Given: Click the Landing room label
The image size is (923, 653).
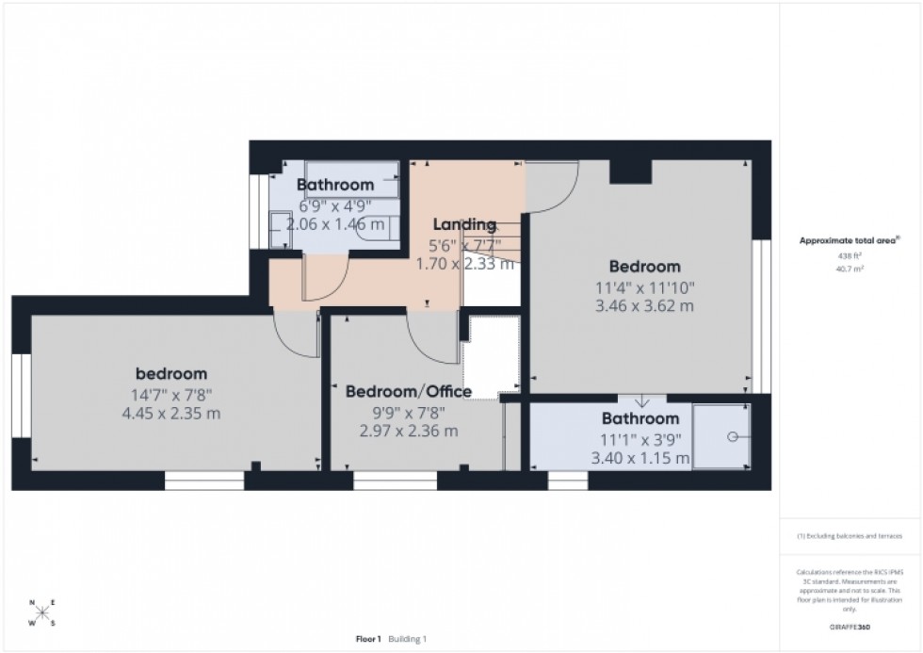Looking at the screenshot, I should tap(464, 224).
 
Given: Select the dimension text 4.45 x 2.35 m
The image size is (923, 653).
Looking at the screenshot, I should tap(171, 414).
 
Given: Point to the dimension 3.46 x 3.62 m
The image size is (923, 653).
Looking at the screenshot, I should tap(644, 306).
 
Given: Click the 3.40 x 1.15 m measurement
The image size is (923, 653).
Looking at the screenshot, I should tap(640, 459).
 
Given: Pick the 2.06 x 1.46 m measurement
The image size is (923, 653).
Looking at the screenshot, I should tap(335, 225).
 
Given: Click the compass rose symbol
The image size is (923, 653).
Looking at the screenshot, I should tap(41, 613).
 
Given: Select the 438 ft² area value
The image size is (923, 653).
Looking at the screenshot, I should tap(850, 255).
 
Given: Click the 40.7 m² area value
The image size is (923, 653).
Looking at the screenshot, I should tap(850, 269).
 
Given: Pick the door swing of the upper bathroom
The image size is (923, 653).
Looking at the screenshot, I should tap(325, 279).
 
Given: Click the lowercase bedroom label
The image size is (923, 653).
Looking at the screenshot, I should tap(170, 374).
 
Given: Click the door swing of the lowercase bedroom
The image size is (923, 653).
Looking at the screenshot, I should tap(294, 335).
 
